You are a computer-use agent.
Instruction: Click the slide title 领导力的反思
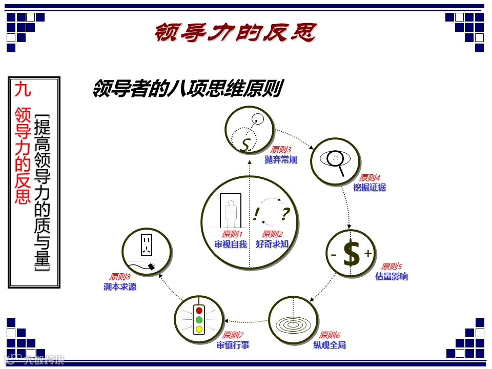(x=235, y=32)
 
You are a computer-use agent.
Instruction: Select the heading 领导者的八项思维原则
(x=187, y=89)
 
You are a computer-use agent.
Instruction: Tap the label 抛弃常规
(x=281, y=159)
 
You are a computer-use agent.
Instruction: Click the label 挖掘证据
(x=370, y=188)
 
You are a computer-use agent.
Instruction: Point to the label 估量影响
(x=392, y=276)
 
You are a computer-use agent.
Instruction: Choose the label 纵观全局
(x=330, y=345)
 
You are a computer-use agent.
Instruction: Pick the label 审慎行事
(x=233, y=345)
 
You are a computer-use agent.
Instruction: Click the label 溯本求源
(x=120, y=286)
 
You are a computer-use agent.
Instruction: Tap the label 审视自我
(x=231, y=244)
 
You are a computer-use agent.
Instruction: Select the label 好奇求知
(x=272, y=244)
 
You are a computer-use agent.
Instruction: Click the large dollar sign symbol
(x=352, y=254)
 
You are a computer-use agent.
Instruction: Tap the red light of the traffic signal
(x=199, y=311)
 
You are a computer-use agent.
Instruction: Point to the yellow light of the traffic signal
(x=199, y=329)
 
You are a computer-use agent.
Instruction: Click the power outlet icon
(x=147, y=244)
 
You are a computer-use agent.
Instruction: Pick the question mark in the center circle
(x=285, y=213)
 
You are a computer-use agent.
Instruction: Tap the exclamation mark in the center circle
(x=256, y=213)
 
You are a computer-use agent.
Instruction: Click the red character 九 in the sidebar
(x=23, y=89)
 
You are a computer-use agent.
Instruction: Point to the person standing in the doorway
(x=231, y=213)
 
